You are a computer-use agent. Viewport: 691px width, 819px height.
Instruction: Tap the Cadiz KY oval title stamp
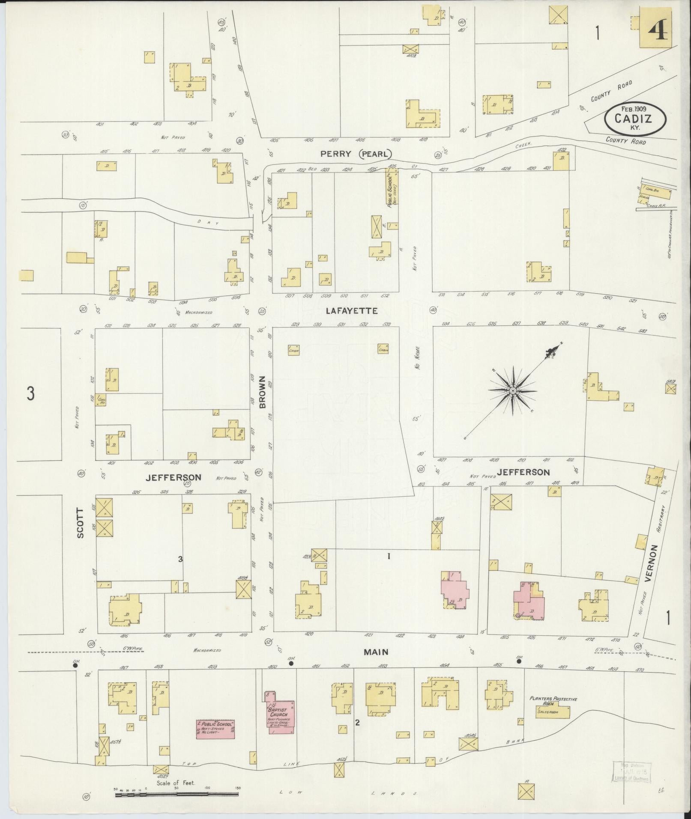click(x=636, y=118)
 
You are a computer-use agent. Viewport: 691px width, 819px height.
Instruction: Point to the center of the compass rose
click(x=512, y=391)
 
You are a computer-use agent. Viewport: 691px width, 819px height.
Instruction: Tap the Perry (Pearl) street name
click(x=356, y=154)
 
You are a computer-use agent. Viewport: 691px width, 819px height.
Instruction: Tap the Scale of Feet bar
click(x=176, y=794)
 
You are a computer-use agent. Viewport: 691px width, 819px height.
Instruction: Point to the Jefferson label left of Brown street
click(x=173, y=477)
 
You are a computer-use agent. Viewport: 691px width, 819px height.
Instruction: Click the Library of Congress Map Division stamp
click(x=632, y=771)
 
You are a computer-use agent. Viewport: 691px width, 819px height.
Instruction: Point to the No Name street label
click(x=417, y=357)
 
